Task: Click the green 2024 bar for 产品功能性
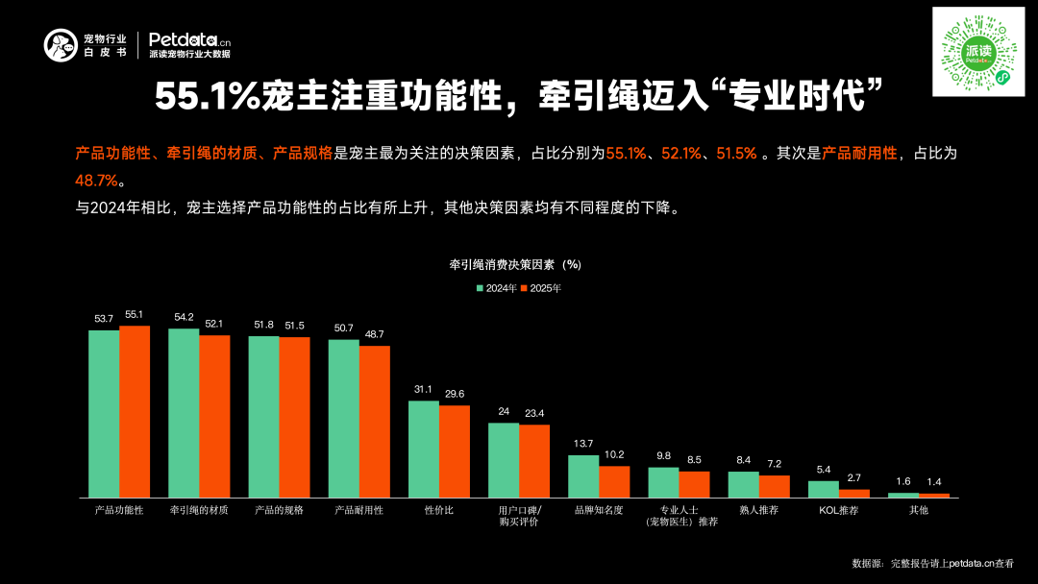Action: click(x=104, y=413)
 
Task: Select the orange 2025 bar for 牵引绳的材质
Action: click(x=214, y=416)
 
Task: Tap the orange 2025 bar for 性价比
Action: click(x=455, y=450)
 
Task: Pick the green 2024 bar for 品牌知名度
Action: click(x=583, y=475)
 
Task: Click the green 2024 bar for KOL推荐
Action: click(x=823, y=489)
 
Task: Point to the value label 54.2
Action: click(x=184, y=317)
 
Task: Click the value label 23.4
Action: click(x=534, y=413)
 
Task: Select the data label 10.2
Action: click(x=614, y=454)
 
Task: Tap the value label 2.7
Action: click(x=853, y=477)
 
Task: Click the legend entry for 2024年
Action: click(x=496, y=288)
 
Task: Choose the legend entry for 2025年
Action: click(x=540, y=288)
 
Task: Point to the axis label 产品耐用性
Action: click(x=358, y=510)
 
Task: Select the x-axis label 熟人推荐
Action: click(x=758, y=510)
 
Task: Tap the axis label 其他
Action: click(x=918, y=510)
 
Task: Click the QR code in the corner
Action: click(x=980, y=51)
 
